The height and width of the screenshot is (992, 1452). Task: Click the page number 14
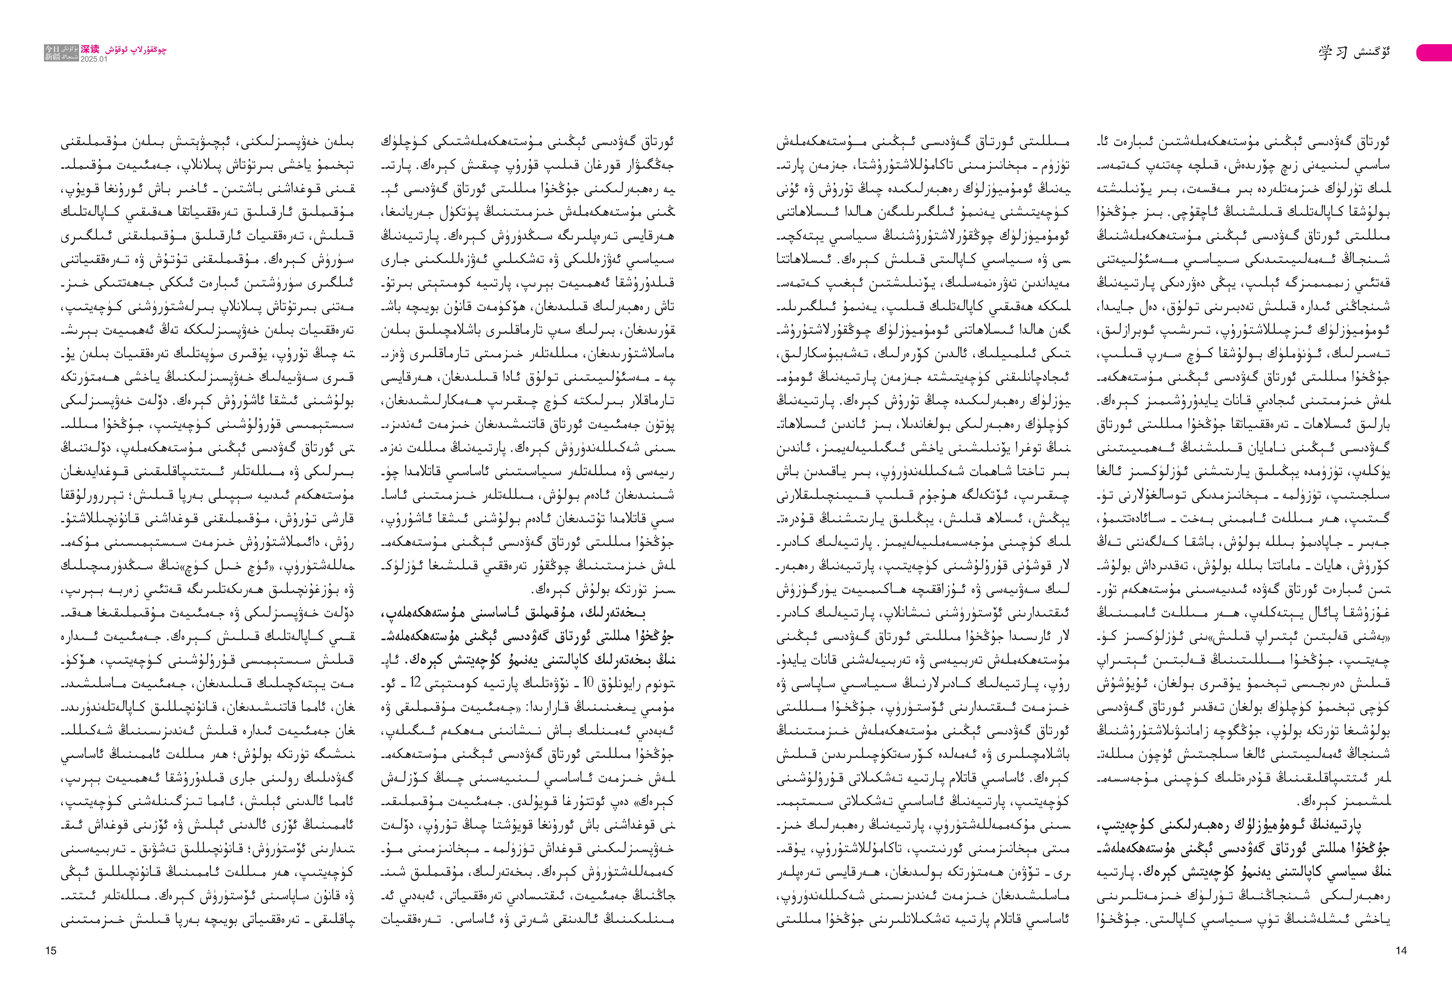tap(1401, 951)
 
